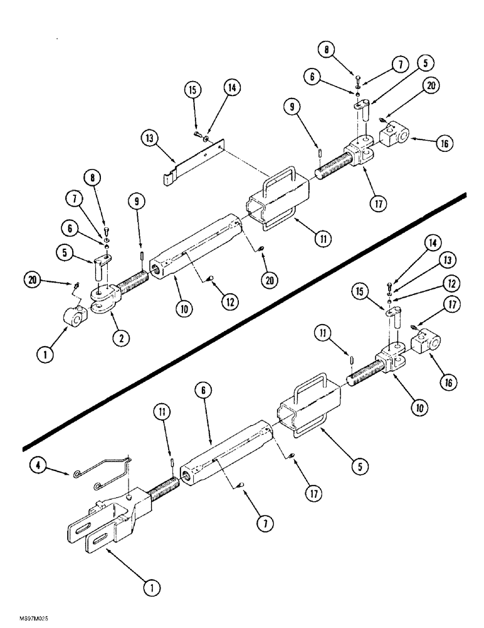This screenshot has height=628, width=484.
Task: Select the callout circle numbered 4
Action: point(38,465)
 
